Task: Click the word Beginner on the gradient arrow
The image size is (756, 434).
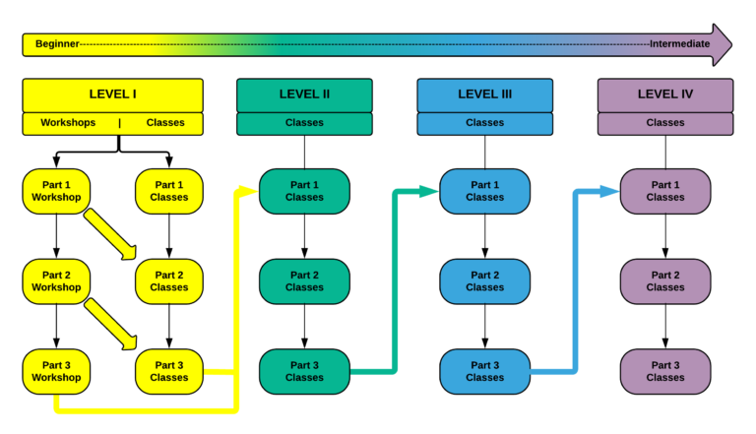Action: click(57, 44)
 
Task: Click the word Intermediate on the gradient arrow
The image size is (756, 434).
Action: click(679, 44)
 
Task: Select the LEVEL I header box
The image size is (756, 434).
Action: click(113, 94)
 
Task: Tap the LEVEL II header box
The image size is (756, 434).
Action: click(304, 94)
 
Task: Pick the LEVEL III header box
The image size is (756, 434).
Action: click(484, 94)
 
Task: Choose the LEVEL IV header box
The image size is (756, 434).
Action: click(665, 94)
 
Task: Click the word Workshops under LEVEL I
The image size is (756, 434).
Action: click(68, 123)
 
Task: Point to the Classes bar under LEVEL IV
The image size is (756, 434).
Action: click(665, 123)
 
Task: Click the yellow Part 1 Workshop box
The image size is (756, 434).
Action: click(56, 191)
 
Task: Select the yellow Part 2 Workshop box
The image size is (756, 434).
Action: click(56, 281)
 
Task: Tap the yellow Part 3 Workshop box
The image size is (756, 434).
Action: click(56, 371)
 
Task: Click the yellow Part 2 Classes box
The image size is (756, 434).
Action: click(168, 281)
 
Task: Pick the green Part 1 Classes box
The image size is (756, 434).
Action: click(304, 191)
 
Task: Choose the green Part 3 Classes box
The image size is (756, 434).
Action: click(304, 371)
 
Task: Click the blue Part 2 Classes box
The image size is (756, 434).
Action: click(484, 281)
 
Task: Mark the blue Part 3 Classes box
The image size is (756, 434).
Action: click(484, 371)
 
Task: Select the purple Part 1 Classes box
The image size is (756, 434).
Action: click(665, 191)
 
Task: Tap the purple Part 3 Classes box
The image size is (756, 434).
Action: click(665, 371)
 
